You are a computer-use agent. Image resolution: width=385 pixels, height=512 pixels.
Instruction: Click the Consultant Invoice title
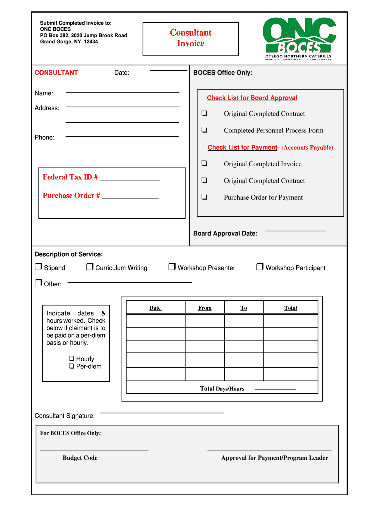pos(191,38)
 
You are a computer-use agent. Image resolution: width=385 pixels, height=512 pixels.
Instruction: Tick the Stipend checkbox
pos(38,267)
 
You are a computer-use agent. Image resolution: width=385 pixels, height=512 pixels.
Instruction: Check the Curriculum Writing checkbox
pos(90,267)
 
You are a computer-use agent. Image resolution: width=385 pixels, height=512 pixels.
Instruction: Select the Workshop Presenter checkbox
pos(172,267)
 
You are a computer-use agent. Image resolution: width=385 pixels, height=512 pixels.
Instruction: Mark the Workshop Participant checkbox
pos(260,267)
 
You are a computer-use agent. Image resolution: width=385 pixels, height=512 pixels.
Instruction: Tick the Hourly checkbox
pos(72,359)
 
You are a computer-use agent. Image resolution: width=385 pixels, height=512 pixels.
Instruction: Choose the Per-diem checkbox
pos(72,366)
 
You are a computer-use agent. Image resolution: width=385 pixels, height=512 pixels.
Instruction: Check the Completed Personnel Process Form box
pos(204,130)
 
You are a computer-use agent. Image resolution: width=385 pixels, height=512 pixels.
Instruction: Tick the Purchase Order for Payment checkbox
pos(204,197)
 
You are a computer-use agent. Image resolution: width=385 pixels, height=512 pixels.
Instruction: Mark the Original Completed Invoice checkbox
pos(204,163)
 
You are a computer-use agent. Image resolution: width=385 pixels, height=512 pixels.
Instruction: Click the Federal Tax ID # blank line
pos(130,179)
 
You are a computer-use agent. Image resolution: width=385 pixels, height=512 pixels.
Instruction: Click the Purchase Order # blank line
pos(130,198)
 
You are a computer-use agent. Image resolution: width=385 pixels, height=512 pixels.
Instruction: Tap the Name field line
pos(122,92)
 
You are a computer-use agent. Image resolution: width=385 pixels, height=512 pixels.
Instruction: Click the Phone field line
pos(122,136)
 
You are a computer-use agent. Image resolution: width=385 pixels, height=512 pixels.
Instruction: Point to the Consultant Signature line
pos(162,412)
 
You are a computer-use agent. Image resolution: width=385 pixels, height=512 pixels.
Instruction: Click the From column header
pos(205,308)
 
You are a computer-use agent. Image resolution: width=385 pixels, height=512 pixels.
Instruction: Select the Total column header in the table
pos(290,308)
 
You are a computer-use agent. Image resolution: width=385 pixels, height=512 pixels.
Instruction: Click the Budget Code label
pos(80,458)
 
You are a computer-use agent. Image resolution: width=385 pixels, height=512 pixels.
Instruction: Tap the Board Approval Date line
pos(295,230)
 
